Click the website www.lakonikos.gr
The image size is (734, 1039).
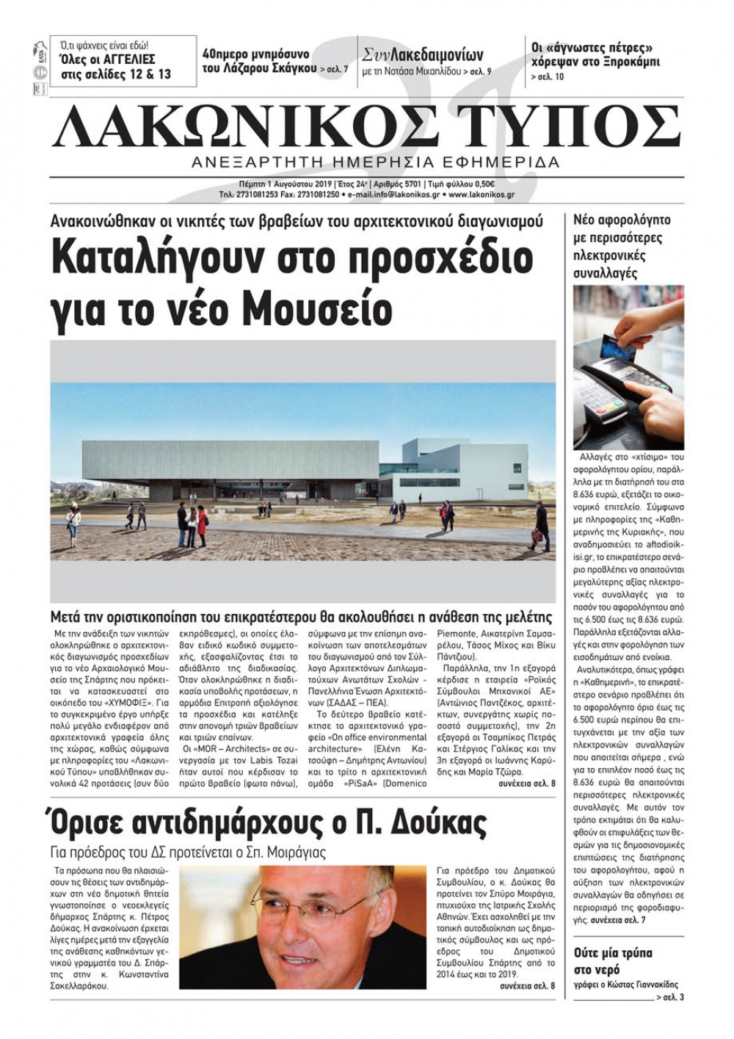[x=481, y=195]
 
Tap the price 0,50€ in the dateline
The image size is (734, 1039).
[x=482, y=184]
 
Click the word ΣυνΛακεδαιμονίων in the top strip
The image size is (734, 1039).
[x=423, y=55]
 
